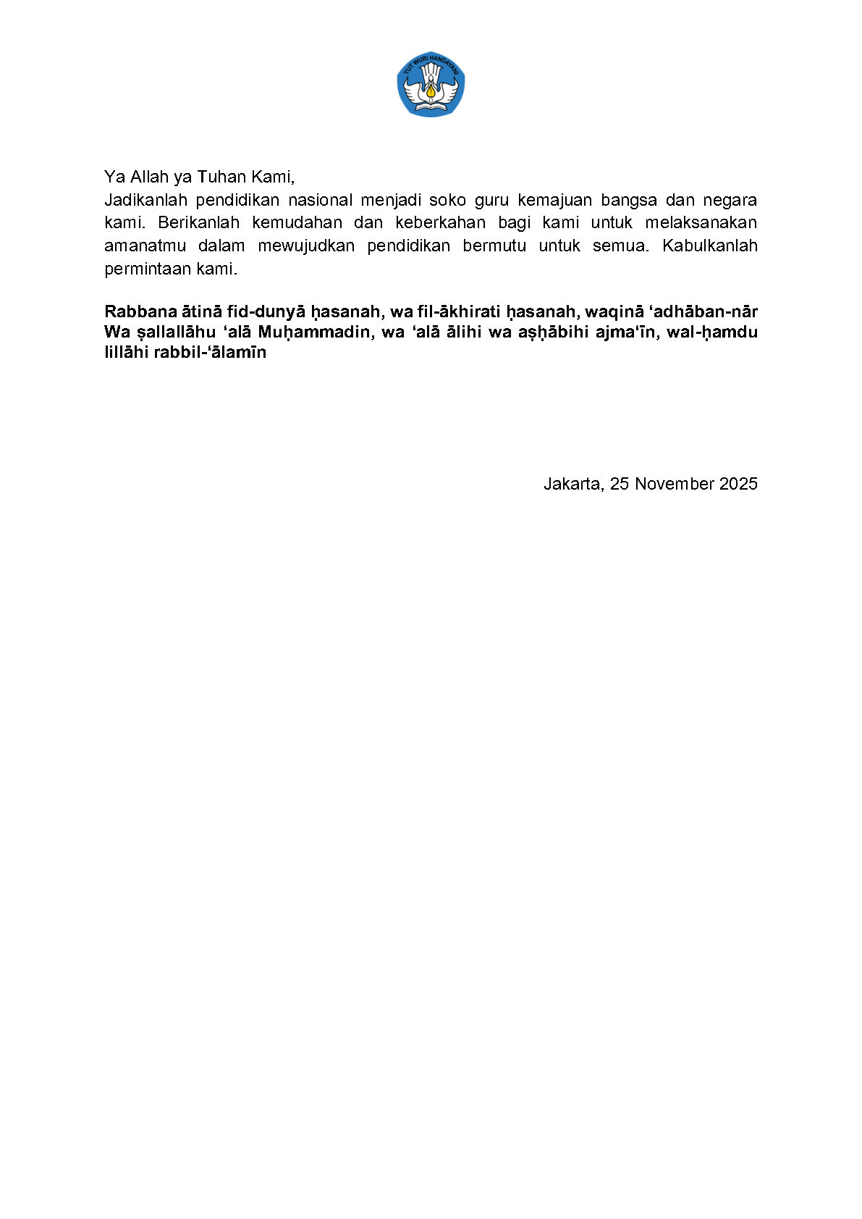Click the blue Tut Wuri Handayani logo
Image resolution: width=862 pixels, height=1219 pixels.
coord(431,84)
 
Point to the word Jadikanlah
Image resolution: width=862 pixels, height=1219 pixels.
coord(145,200)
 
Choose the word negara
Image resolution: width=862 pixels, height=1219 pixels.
coord(730,200)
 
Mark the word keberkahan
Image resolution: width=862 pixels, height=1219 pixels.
coord(440,222)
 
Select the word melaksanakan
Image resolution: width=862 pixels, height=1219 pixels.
coord(701,222)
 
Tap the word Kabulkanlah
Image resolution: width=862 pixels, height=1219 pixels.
coord(709,246)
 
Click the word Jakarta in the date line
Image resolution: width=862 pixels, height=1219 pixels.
coord(572,484)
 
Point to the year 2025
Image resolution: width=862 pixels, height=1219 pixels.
coord(738,484)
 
